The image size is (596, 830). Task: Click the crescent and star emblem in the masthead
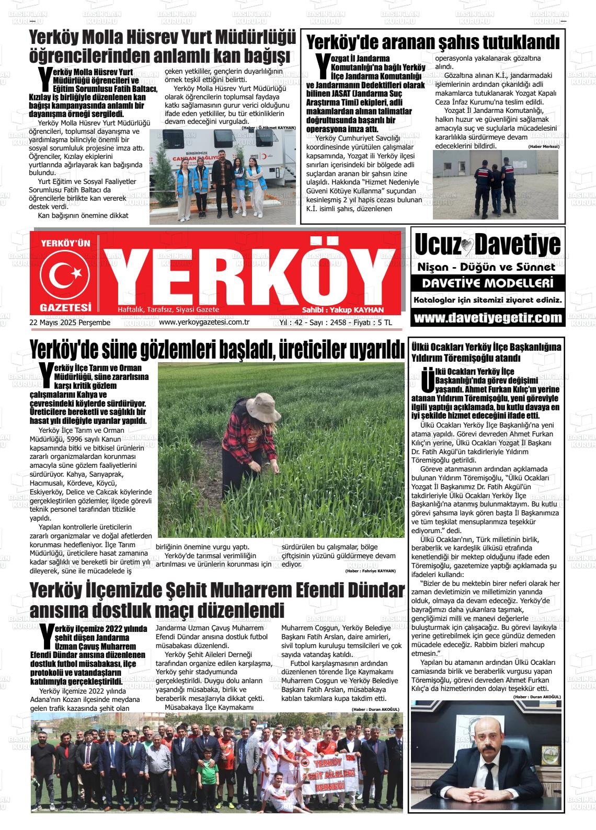click(66, 272)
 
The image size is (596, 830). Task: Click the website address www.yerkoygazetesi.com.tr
click(204, 322)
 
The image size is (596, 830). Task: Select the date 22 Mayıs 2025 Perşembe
click(70, 322)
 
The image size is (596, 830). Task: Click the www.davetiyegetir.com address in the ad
click(488, 318)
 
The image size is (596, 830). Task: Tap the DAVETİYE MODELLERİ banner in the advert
click(488, 284)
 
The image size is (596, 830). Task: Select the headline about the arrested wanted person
click(432, 42)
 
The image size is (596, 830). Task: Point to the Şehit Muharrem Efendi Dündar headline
click(216, 600)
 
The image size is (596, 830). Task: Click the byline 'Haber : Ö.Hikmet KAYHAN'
click(269, 128)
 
